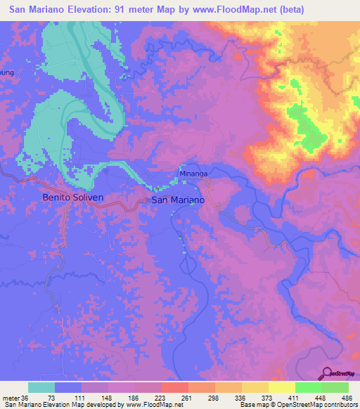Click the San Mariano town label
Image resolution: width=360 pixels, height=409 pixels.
pyautogui.click(x=179, y=200)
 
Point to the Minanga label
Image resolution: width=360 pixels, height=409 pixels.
pyautogui.click(x=192, y=173)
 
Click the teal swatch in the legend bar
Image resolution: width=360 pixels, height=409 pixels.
pyautogui.click(x=41, y=387)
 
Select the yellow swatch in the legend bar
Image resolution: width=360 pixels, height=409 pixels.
pyautogui.click(x=281, y=387)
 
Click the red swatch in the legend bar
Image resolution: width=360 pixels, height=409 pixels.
pyautogui.click(x=175, y=387)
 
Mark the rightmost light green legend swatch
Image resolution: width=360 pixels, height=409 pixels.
pyautogui.click(x=335, y=387)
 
